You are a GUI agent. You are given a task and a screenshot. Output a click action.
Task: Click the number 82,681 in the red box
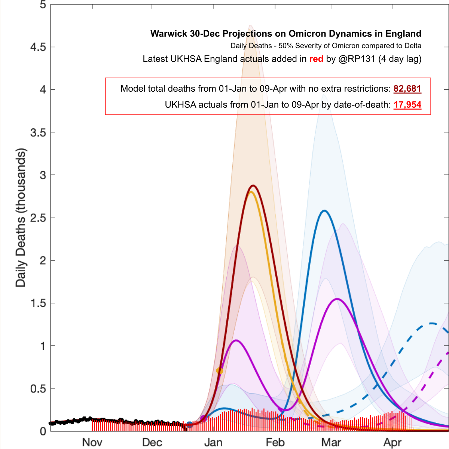(x=407, y=89)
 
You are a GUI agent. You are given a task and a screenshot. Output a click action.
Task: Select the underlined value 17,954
(x=407, y=105)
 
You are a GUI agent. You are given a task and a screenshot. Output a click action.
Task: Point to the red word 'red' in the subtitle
(x=316, y=59)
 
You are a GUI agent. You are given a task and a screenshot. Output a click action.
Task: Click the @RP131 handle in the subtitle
(x=357, y=59)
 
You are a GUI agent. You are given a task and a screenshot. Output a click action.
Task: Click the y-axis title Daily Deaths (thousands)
(x=21, y=218)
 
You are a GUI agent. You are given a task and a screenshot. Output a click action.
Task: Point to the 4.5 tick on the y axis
(x=38, y=47)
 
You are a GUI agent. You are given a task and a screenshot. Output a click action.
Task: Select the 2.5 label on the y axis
(x=38, y=218)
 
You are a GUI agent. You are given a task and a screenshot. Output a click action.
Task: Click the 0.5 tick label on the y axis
(x=38, y=389)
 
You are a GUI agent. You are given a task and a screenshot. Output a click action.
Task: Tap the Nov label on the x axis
(x=92, y=442)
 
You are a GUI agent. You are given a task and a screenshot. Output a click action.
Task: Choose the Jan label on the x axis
(x=213, y=442)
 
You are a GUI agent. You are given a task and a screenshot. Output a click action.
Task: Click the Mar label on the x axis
(x=331, y=442)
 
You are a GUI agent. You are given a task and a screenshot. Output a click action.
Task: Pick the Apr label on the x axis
(x=393, y=442)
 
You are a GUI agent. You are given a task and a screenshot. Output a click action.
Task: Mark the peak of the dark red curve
(x=253, y=185)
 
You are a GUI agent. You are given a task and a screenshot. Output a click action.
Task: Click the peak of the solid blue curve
(x=324, y=211)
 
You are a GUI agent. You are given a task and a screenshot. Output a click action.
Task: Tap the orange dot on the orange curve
(x=220, y=371)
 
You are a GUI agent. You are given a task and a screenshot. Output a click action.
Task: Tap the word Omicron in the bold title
(x=306, y=34)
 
